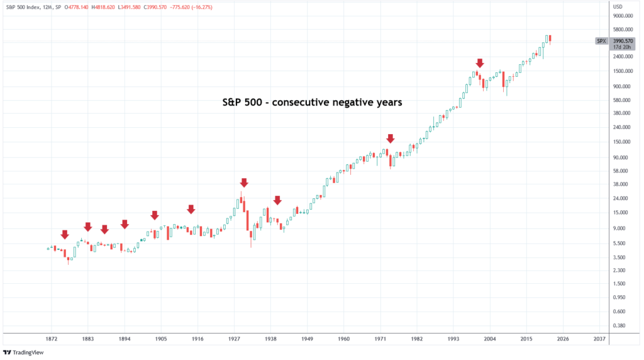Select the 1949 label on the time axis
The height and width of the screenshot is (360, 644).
(x=307, y=339)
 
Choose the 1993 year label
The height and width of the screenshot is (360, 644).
(x=453, y=339)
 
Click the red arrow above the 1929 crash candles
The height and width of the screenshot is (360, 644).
(x=244, y=183)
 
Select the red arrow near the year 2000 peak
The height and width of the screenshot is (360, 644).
(x=480, y=63)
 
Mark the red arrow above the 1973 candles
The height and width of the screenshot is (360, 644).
(x=391, y=138)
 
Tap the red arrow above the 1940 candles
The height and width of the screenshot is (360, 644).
(x=277, y=200)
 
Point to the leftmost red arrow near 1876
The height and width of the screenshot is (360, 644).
(x=64, y=235)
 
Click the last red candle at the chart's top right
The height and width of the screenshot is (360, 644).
(x=550, y=39)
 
